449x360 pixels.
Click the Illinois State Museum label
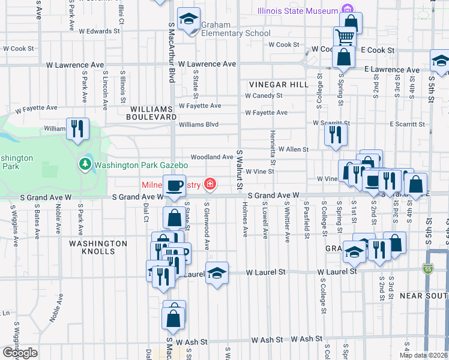pyautogui.click(x=298, y=11)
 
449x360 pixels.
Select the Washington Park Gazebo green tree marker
pyautogui.click(x=85, y=164)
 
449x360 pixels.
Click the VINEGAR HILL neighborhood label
pyautogui.click(x=274, y=85)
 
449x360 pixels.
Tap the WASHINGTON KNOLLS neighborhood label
pyautogui.click(x=98, y=247)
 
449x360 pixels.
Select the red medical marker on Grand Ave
pyautogui.click(x=209, y=184)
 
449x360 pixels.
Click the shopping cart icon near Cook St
pyautogui.click(x=345, y=37)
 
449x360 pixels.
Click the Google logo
pyautogui.click(x=19, y=353)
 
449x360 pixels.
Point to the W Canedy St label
pyautogui.click(x=264, y=95)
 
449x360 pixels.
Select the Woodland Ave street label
pyautogui.click(x=212, y=157)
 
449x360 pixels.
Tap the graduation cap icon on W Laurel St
pyautogui.click(x=217, y=272)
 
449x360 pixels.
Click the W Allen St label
pyautogui.click(x=293, y=149)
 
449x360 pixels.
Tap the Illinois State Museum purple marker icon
pyautogui.click(x=346, y=10)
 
